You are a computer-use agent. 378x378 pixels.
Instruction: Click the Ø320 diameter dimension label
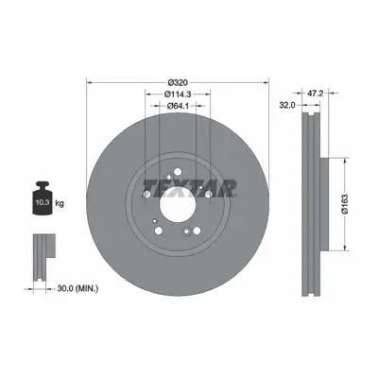tap(178, 83)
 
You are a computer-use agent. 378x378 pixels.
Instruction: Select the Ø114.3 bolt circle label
tap(178, 94)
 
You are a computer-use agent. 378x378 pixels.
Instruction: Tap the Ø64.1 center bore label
tap(178, 106)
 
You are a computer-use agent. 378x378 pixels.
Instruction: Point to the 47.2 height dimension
tap(315, 93)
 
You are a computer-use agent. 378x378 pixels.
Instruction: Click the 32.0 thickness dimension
tap(287, 105)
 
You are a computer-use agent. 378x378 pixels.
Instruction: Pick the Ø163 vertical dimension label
tap(345, 204)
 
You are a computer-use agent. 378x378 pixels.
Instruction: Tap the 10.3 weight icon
tap(43, 198)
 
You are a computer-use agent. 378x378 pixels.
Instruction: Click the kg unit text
tap(60, 203)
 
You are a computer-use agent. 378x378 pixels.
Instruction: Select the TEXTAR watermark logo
tap(190, 189)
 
